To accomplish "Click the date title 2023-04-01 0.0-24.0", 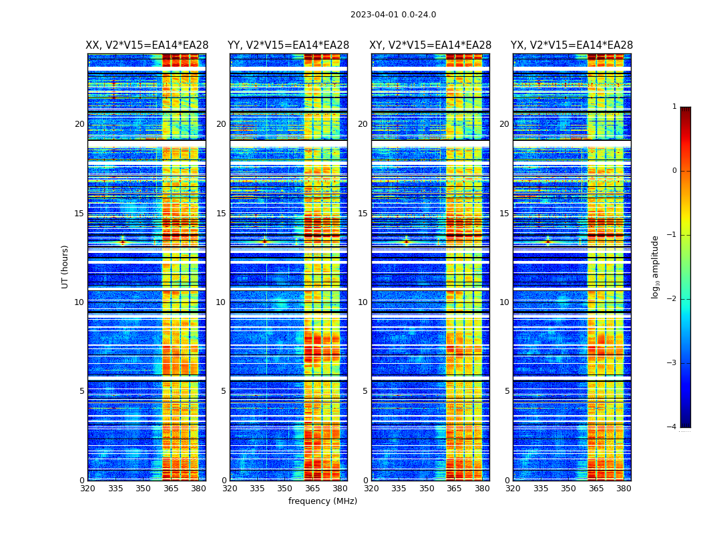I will (393, 15).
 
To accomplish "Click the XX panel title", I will (147, 45).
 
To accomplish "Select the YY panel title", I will (288, 45).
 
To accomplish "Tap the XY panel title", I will (431, 45).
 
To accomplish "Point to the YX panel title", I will (572, 45).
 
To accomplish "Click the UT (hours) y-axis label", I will (65, 266).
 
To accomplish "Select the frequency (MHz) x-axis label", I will (322, 501).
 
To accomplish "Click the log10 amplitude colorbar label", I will (656, 266).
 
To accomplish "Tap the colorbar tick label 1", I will (674, 107).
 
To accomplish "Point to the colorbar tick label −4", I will (672, 427).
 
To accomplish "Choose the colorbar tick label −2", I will (672, 299).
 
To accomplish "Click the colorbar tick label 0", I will (674, 171).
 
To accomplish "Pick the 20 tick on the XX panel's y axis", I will (79, 124).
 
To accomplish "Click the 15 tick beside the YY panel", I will (221, 214).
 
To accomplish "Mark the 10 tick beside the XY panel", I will (363, 302).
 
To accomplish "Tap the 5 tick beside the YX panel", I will (507, 391).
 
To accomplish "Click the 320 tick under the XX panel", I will (87, 489).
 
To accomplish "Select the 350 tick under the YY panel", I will (285, 489).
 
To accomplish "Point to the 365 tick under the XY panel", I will (454, 489).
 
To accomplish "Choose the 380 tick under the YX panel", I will (624, 489).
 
